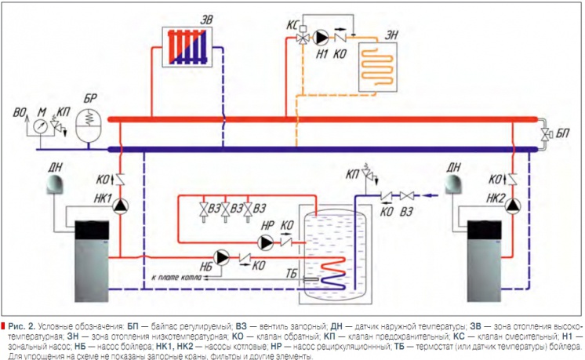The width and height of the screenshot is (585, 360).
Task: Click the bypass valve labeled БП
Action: point(543,134)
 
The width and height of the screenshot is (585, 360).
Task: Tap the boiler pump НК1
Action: point(121,206)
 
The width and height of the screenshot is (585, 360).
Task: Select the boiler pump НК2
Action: point(512,205)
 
